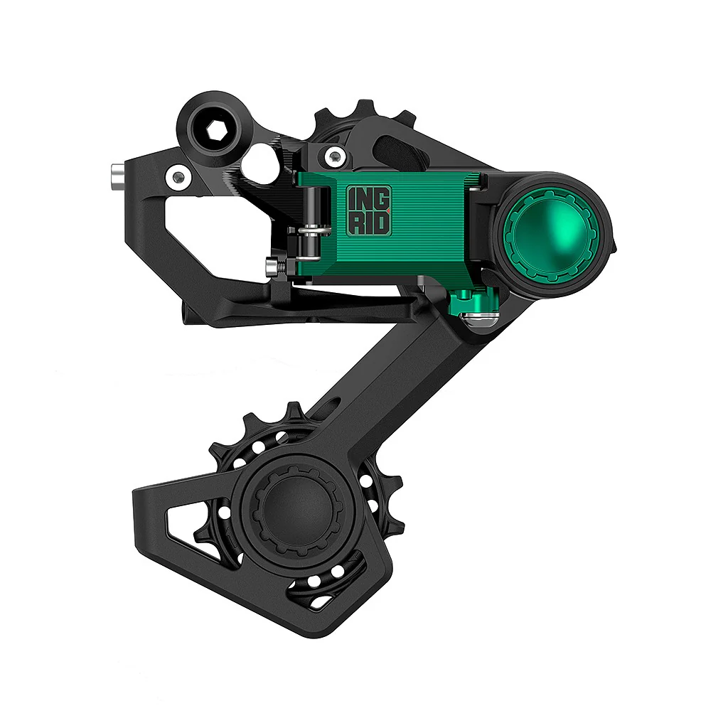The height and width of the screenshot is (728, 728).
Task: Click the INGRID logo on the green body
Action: click(x=368, y=210)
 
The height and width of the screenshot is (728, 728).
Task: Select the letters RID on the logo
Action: click(x=368, y=223)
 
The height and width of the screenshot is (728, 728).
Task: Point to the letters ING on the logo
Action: click(x=368, y=197)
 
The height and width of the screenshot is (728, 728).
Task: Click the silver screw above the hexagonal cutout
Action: click(x=178, y=176)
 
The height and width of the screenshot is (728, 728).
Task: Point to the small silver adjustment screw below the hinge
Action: click(x=272, y=267)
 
